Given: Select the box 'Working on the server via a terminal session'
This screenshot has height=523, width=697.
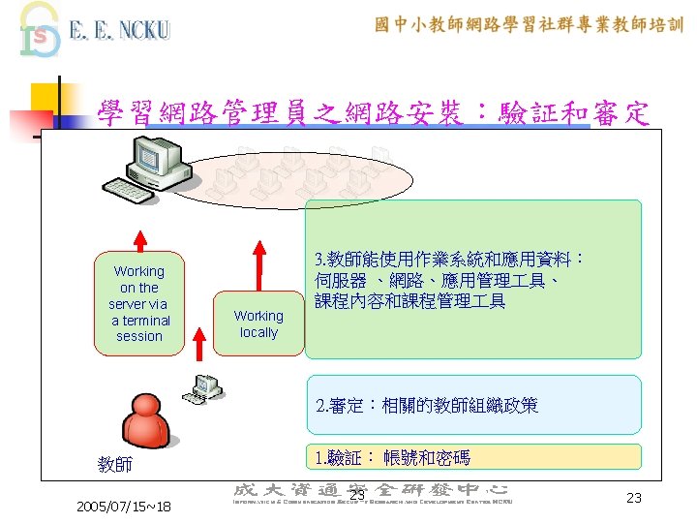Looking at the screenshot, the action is click(x=139, y=303).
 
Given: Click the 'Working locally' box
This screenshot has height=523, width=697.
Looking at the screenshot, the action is click(x=258, y=323).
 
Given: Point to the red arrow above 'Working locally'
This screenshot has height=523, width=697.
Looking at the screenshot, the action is click(x=258, y=261).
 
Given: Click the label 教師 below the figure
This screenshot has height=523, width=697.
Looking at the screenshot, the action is click(x=115, y=465).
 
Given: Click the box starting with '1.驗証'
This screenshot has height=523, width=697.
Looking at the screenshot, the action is click(x=473, y=457).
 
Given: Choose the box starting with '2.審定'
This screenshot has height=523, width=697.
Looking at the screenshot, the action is click(x=473, y=404).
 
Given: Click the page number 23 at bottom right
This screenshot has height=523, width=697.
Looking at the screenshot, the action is click(x=634, y=497).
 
